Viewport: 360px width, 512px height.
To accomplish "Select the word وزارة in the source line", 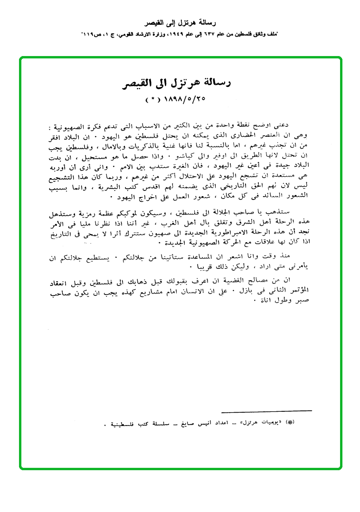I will pyautogui.click(x=142, y=35).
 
